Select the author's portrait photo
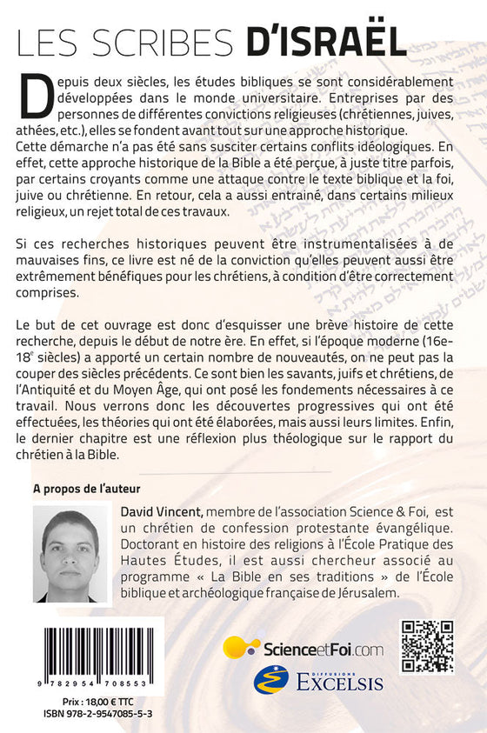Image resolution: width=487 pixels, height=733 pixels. [x=70, y=554]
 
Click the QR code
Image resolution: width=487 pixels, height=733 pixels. [x=426, y=648]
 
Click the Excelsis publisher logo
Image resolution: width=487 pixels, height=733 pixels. [x=317, y=680]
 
